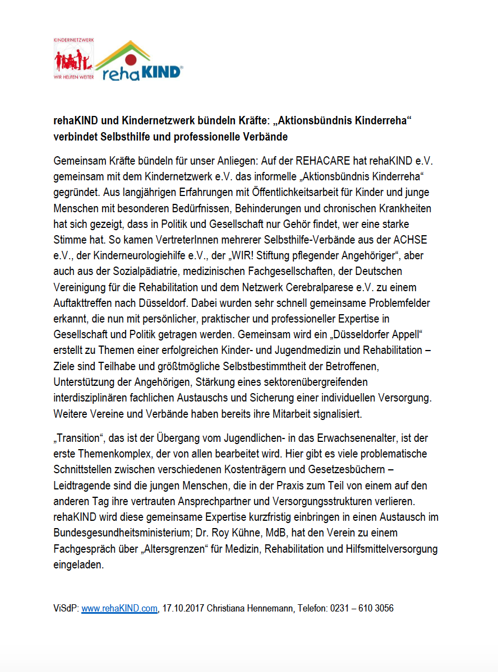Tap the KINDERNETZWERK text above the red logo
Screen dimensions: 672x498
tap(73, 41)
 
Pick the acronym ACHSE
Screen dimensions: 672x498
tap(411, 240)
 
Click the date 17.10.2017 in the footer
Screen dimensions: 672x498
tap(183, 608)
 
